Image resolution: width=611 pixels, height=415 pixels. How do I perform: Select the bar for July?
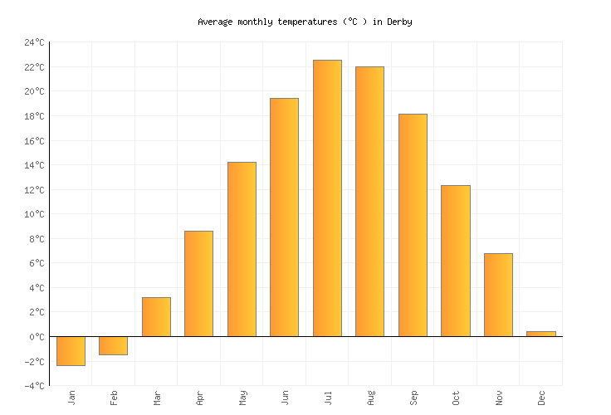(x=327, y=198)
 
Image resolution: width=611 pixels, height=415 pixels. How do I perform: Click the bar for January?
(x=71, y=351)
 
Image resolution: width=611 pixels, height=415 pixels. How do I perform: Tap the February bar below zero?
(x=113, y=345)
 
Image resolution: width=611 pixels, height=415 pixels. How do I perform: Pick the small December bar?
(x=540, y=334)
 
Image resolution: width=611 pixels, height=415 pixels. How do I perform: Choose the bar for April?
(x=198, y=284)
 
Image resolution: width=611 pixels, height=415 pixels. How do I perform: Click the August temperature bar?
(x=369, y=202)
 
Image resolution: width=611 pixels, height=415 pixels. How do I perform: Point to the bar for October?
(x=455, y=261)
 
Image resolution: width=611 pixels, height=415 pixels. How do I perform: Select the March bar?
(x=156, y=317)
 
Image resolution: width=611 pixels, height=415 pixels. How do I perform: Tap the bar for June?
(x=284, y=217)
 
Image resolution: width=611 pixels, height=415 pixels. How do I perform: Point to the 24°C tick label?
(x=34, y=42)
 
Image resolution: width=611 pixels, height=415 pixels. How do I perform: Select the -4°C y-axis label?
(x=34, y=386)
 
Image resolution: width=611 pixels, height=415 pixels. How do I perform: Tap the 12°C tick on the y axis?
(x=34, y=190)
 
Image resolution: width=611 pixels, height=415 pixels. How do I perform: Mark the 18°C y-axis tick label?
(x=34, y=116)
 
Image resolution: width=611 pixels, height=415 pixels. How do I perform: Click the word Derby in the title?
(x=399, y=22)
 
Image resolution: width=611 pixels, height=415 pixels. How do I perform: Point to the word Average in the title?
(x=215, y=22)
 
